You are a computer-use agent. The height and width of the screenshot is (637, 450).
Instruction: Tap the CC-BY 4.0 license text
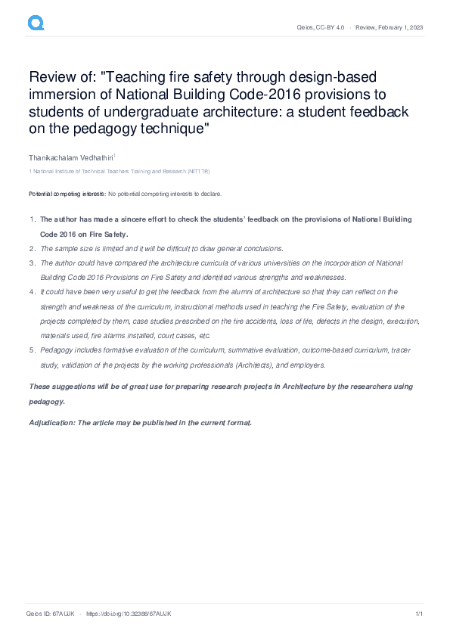tap(333, 27)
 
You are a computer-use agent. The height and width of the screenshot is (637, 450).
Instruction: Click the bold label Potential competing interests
tap(67, 194)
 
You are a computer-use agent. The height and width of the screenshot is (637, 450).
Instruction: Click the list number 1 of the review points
tap(31, 219)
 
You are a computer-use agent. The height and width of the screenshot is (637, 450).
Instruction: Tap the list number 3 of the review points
tap(31, 263)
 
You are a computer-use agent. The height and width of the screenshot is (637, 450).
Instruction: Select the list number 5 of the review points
tap(31, 350)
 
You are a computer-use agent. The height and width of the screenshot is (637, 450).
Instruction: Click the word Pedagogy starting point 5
tap(56, 350)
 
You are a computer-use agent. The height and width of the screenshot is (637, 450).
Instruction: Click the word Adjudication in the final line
tap(52, 423)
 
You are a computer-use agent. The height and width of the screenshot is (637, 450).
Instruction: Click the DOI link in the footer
tap(129, 614)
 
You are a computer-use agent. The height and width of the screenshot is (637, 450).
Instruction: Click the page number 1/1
tap(418, 614)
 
